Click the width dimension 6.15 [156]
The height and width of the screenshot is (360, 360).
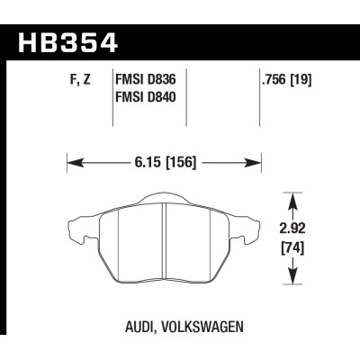coord(164,163)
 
